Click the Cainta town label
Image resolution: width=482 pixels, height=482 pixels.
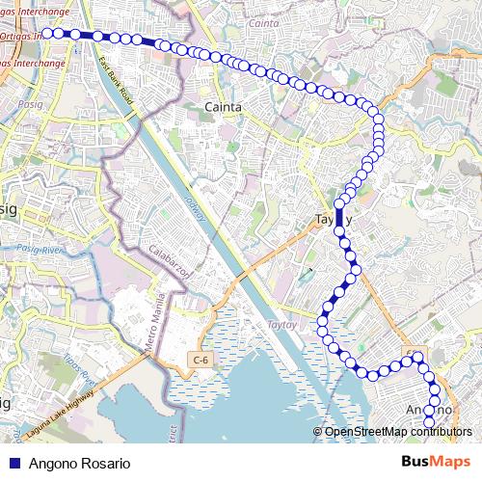[x=224, y=106]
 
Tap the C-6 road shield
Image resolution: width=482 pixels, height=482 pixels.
[x=200, y=360]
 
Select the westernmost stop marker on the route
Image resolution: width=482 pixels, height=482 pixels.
[x=47, y=33]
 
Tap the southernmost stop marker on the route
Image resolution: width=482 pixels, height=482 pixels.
[x=430, y=421]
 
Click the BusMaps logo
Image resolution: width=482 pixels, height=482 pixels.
[x=436, y=462]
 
